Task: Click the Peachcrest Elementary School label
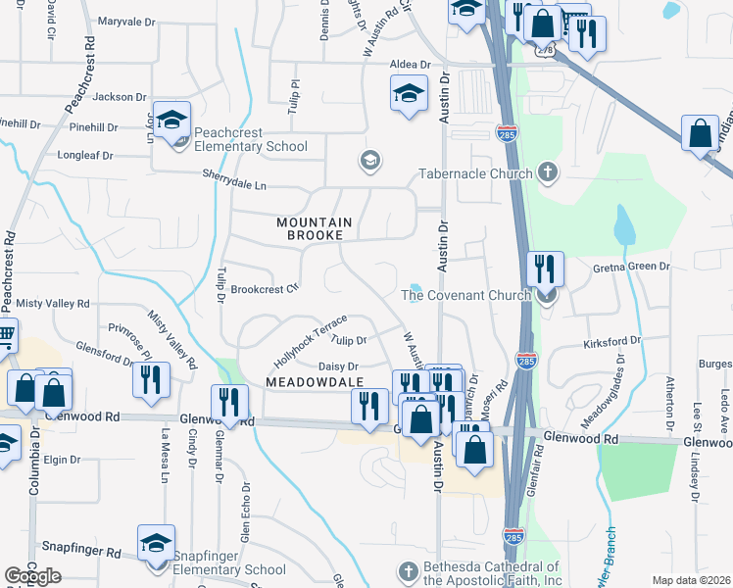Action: click(x=251, y=139)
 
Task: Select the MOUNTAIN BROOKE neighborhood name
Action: click(x=314, y=228)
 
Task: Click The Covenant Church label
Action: click(x=466, y=295)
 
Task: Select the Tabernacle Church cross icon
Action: click(x=548, y=173)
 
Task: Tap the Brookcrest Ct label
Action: click(x=264, y=289)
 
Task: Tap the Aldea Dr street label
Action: click(x=411, y=64)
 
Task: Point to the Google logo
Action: click(x=32, y=576)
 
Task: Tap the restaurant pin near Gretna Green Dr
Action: click(x=544, y=269)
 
